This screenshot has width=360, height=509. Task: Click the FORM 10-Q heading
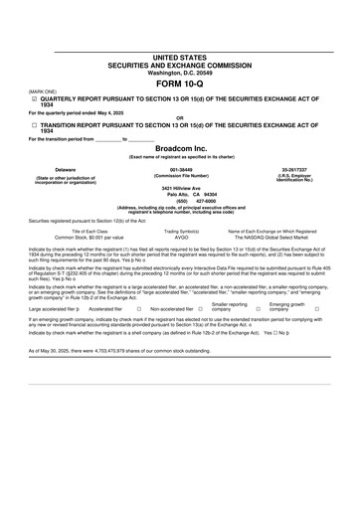(x=180, y=84)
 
